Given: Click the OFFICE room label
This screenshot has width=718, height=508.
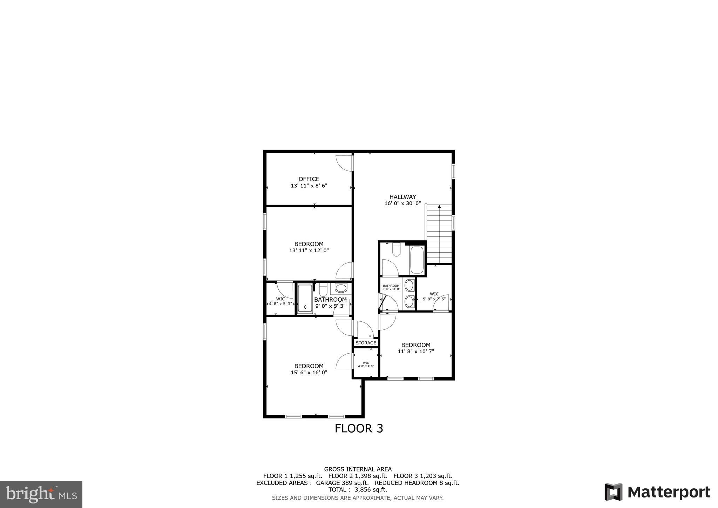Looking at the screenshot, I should point(309,179).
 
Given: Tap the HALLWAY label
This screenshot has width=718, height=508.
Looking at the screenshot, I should point(402,197).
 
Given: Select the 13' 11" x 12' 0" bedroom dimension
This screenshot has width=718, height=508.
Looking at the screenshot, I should point(309,250).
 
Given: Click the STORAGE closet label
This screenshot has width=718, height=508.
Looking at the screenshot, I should point(366,343).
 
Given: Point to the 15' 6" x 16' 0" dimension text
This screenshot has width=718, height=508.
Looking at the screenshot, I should point(309,373).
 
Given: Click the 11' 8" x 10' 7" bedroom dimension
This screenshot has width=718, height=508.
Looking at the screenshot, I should point(416,352).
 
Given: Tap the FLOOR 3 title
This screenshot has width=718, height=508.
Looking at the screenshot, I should point(359,428).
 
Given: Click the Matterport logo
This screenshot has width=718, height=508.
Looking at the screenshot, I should point(657,492).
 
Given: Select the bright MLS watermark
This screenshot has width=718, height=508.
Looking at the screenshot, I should point(41,494).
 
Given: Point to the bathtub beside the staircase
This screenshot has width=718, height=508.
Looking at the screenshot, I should point(417,260).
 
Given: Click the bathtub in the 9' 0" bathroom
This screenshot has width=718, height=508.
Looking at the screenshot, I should point(305,299).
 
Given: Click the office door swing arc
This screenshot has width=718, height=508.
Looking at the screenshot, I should point(343,163).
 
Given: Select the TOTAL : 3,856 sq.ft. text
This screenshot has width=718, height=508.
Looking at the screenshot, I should point(358,490).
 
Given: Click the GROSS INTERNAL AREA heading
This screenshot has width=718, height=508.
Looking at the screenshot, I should point(358,469).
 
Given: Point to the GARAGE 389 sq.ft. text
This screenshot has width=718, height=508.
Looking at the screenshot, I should point(342,483).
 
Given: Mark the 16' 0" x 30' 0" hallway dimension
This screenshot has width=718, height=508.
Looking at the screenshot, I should point(402,203).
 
